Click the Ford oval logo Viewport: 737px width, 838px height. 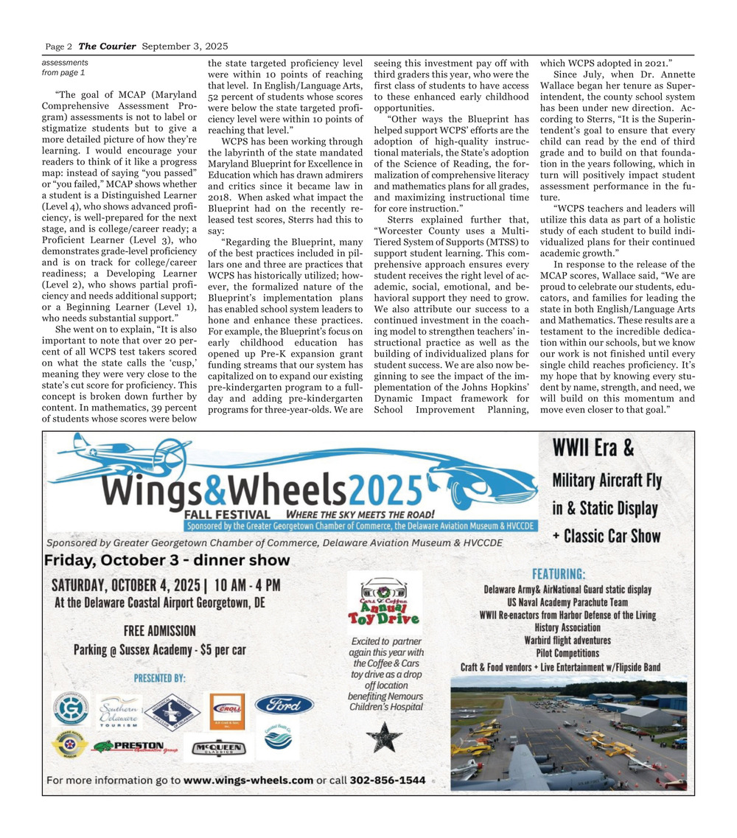pos(284,705)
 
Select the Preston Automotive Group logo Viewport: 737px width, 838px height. pos(136,746)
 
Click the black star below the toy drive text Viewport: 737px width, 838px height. pos(384,737)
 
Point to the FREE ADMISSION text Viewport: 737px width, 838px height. pos(160,631)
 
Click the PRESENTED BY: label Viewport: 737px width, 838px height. pos(160,677)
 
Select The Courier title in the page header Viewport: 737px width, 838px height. pos(107,46)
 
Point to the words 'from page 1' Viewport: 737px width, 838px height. pos(63,73)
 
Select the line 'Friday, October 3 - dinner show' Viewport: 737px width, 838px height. pos(167,560)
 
